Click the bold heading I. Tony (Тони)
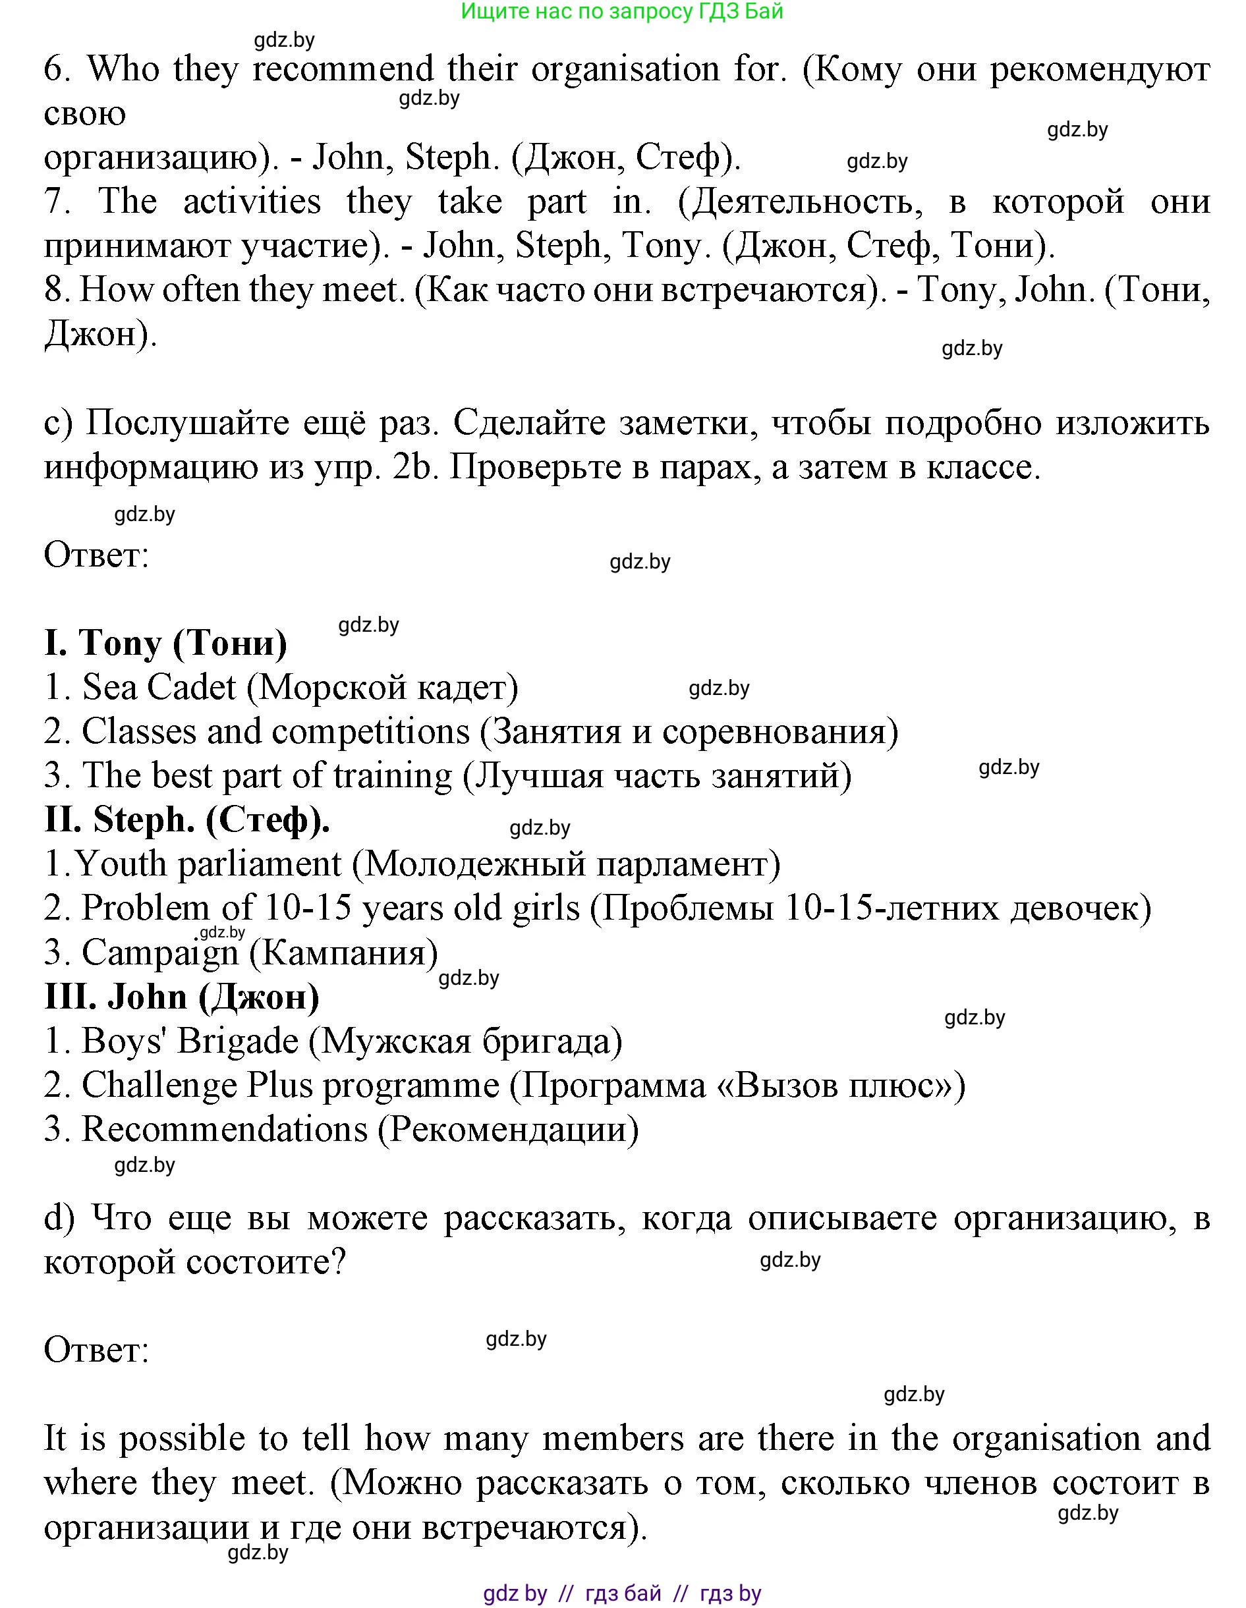pyautogui.click(x=165, y=644)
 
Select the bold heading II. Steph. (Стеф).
pyautogui.click(x=187, y=820)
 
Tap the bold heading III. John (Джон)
pyautogui.click(x=182, y=997)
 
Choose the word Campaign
pyautogui.click(x=160, y=953)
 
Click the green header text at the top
pyautogui.click(x=621, y=11)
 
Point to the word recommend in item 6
pyautogui.click(x=343, y=69)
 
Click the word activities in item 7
pyautogui.click(x=252, y=202)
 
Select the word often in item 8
pyautogui.click(x=201, y=290)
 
